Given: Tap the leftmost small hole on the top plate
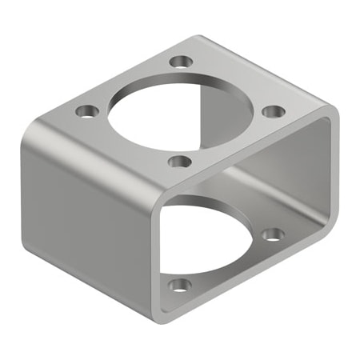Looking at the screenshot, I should tap(85, 110).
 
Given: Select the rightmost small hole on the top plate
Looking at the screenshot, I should tap(272, 110).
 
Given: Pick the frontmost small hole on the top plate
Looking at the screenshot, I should tap(181, 162).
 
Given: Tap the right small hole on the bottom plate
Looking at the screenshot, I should tap(273, 234).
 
